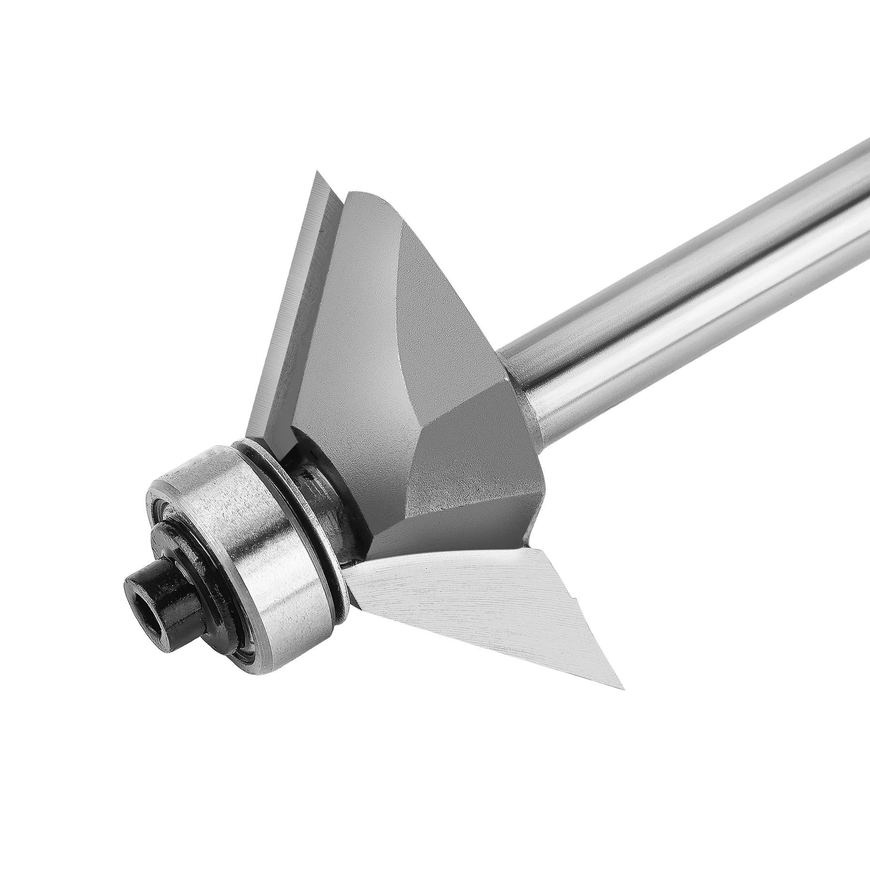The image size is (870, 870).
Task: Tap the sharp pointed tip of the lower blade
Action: [623, 688]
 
